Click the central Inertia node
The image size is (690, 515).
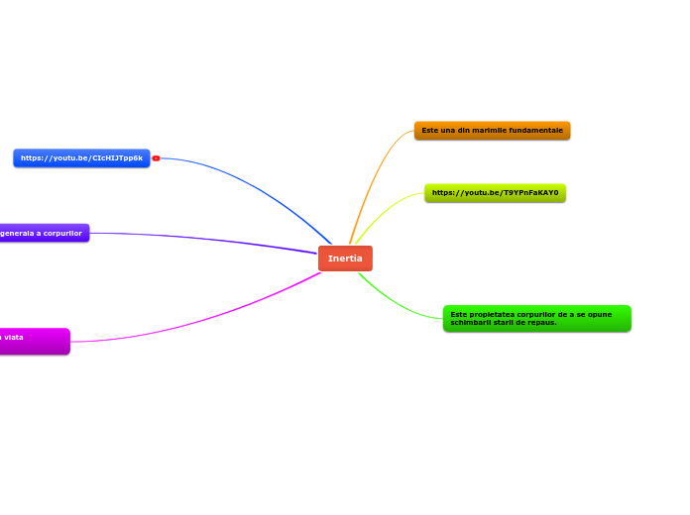(x=345, y=258)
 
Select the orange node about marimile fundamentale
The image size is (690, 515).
(x=492, y=131)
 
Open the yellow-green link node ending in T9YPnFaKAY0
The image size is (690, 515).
(x=495, y=193)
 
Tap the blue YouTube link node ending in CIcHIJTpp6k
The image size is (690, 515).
(x=81, y=158)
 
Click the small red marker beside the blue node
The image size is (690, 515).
(x=156, y=158)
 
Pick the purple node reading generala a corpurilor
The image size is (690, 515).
(x=43, y=233)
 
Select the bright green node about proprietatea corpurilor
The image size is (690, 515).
(x=536, y=318)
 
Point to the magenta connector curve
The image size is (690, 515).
(x=198, y=323)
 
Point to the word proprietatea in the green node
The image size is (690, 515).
(x=492, y=314)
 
